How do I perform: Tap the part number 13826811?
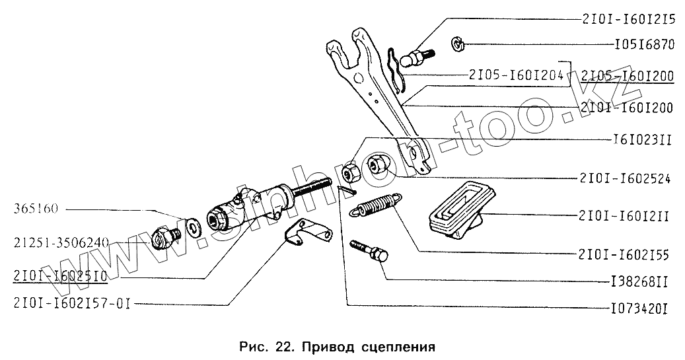tap(637, 282)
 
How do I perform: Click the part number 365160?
tap(36, 211)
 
